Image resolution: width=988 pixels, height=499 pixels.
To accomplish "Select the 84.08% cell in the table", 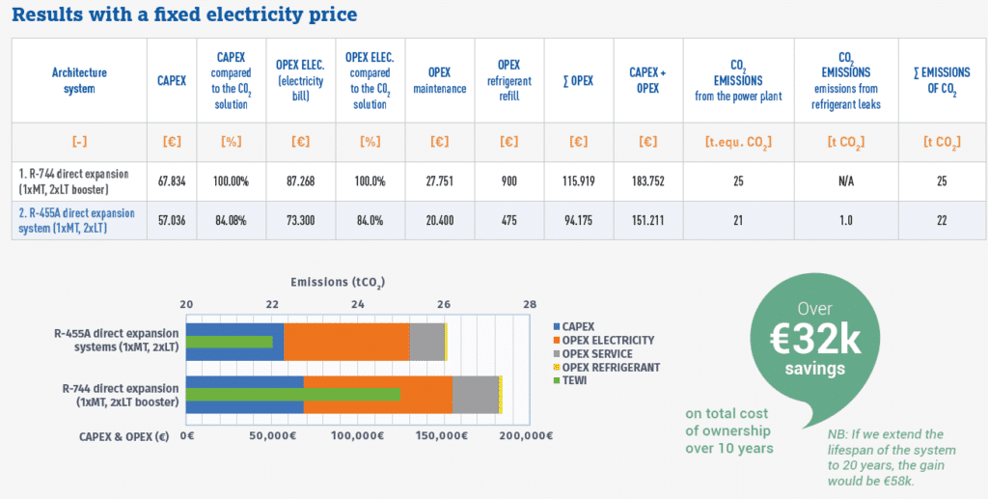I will [232, 218].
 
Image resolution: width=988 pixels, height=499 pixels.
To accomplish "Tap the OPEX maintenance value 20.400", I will [440, 218].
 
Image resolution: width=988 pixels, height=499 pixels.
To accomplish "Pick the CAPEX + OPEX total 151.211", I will [645, 218].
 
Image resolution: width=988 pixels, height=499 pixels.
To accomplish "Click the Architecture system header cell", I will [79, 80].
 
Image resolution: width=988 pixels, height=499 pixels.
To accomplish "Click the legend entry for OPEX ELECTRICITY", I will [608, 340].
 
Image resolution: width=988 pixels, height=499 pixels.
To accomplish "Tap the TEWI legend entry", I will [577, 380].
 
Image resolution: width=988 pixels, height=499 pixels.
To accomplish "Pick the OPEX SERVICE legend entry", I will [598, 353].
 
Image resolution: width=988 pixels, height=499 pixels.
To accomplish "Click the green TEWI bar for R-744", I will [293, 394].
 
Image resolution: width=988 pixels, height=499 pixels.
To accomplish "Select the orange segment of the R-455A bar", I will [346, 342].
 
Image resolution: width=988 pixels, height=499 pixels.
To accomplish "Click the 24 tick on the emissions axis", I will [358, 303].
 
